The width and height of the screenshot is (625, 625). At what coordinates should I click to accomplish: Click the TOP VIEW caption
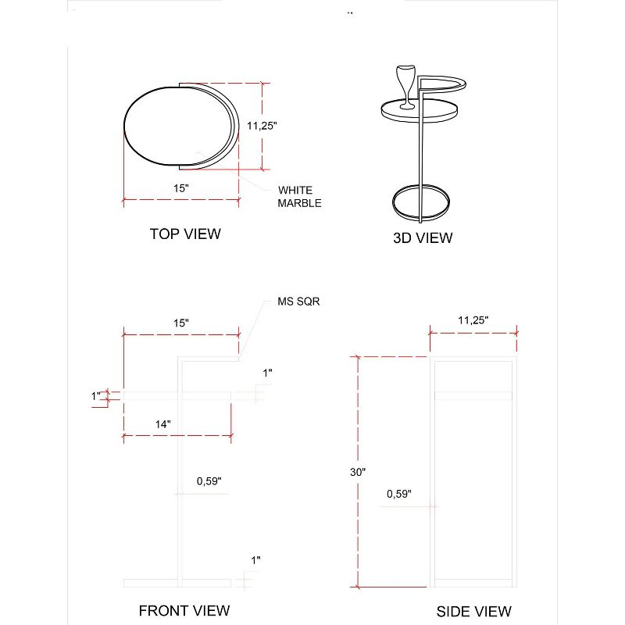[x=185, y=234]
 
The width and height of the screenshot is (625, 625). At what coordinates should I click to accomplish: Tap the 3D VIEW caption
[x=423, y=238]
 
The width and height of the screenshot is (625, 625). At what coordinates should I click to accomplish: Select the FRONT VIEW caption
[x=184, y=610]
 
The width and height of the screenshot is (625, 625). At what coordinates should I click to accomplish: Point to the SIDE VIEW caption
[x=474, y=611]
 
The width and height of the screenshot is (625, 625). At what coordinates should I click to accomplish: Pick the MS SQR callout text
[x=298, y=301]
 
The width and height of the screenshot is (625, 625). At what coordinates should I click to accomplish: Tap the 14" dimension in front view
[x=163, y=423]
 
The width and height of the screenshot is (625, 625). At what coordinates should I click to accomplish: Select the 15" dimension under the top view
[x=181, y=188]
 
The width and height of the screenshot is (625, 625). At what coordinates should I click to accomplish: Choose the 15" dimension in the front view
[x=180, y=323]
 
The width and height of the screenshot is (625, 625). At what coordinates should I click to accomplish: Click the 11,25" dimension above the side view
[x=473, y=320]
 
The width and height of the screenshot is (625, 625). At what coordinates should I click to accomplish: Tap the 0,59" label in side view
[x=398, y=494]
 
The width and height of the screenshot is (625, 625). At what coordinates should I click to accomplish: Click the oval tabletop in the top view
[x=179, y=128]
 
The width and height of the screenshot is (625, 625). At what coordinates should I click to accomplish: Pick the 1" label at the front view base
[x=256, y=559]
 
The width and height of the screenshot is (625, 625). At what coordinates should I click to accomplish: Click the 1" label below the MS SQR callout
[x=267, y=373]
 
